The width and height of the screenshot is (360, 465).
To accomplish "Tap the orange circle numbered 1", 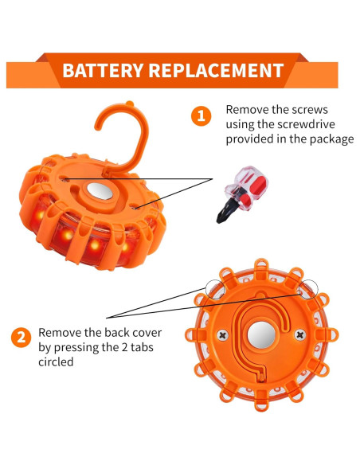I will point(202,116).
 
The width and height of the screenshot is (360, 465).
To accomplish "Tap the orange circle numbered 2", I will point(20,338).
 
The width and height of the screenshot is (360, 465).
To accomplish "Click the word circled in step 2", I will point(57,361).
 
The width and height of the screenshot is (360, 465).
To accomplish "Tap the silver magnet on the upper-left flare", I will point(99,192).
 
